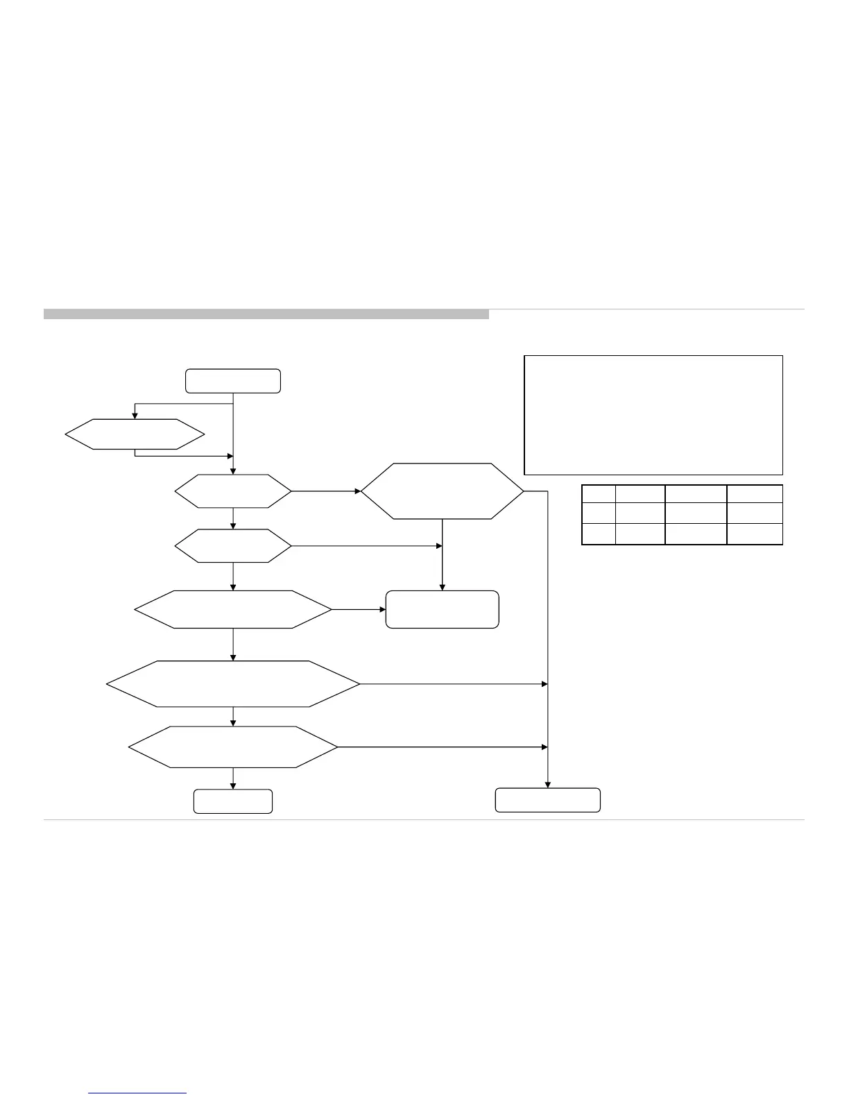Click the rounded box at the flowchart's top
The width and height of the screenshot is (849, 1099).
click(x=232, y=381)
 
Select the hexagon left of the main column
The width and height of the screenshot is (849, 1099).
click(x=135, y=434)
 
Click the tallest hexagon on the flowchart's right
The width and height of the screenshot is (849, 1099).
click(x=443, y=491)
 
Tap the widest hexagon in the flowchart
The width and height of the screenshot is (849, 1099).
click(x=233, y=683)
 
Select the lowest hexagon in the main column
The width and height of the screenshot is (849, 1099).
click(x=233, y=747)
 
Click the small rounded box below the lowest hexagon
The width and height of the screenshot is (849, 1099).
click(x=232, y=801)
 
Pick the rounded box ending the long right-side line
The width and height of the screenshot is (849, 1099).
click(x=547, y=800)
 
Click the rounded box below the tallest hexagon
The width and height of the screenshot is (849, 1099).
click(x=442, y=609)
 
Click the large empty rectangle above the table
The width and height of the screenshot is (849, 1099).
click(x=653, y=415)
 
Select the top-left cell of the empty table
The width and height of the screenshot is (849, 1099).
click(x=598, y=493)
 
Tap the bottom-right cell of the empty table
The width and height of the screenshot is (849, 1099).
click(x=755, y=534)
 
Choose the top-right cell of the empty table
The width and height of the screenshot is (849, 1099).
click(x=755, y=493)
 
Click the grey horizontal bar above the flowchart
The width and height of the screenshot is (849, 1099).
click(x=266, y=314)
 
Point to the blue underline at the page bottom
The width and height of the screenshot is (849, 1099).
click(x=138, y=1093)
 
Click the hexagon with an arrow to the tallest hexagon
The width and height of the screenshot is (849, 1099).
click(x=233, y=491)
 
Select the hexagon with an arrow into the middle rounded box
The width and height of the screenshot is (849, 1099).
click(x=233, y=609)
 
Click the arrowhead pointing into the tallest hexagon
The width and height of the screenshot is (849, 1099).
click(x=358, y=491)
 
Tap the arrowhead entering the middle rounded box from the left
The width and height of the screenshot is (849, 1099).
click(x=382, y=609)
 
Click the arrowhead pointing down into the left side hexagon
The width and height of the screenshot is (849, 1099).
click(x=135, y=416)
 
